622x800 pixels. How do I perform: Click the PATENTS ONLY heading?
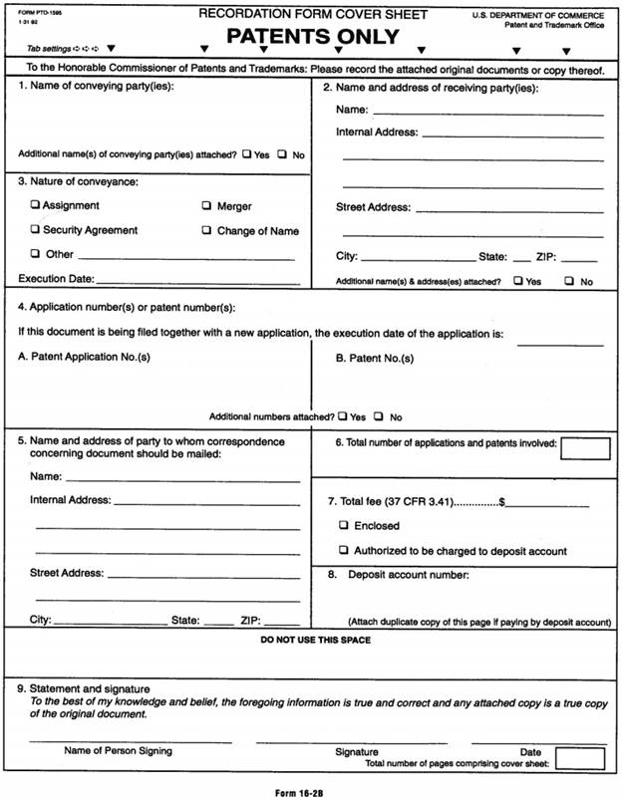coord(313,37)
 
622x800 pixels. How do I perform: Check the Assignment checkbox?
coord(36,205)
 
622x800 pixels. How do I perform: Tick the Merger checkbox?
coord(207,206)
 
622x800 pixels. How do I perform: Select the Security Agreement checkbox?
coord(36,230)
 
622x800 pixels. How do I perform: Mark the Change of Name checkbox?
coord(207,230)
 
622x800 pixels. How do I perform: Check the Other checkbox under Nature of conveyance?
coord(36,254)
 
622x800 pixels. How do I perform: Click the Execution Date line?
coord(196,282)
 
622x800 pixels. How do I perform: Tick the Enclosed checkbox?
coord(344,525)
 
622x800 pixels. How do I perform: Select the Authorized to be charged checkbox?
coord(344,550)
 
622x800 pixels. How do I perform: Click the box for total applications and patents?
coord(585,447)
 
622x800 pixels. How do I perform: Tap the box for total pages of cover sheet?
coord(580,759)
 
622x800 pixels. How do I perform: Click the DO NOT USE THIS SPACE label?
coord(315,640)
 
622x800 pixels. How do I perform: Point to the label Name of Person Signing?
coord(118,750)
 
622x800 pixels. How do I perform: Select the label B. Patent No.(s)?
coord(375,358)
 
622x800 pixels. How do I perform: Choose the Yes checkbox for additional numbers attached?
coord(343,416)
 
